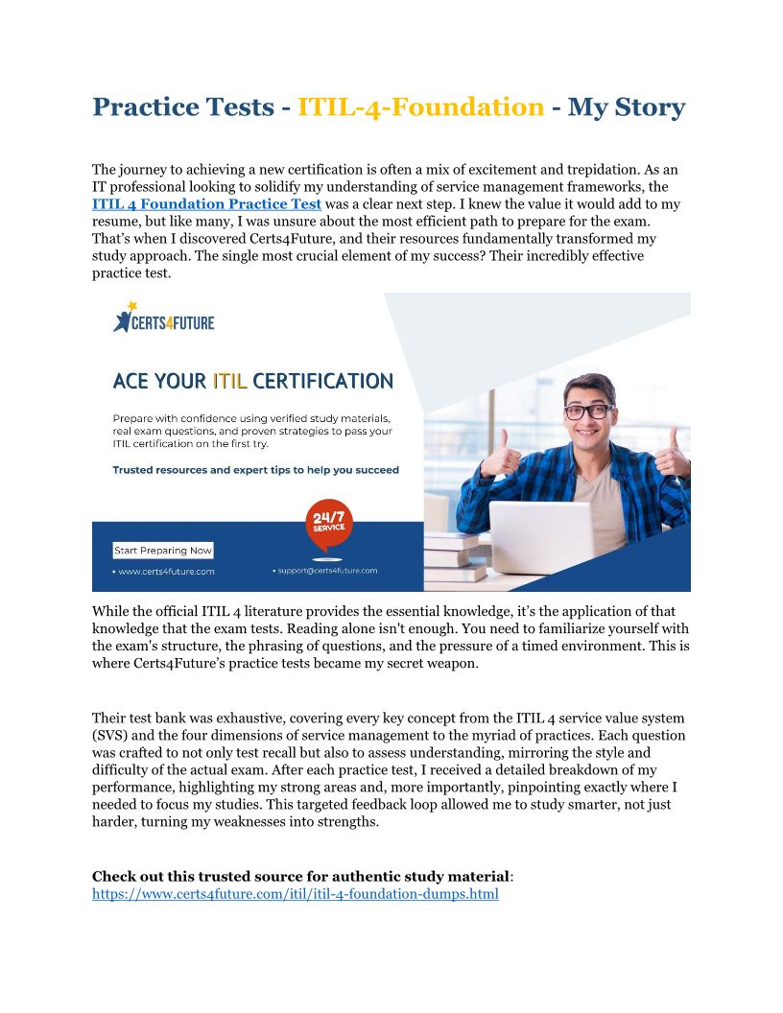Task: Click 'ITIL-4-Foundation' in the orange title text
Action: click(420, 106)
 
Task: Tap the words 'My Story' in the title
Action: click(627, 106)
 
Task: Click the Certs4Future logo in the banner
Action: click(163, 318)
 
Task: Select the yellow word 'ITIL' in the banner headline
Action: click(229, 381)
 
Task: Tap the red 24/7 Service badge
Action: click(329, 525)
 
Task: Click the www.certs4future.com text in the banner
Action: click(164, 571)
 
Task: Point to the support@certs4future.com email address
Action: click(326, 570)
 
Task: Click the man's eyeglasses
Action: click(587, 411)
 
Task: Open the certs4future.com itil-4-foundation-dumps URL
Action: click(295, 894)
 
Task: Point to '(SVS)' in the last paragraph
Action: click(111, 736)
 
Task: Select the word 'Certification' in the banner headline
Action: click(322, 381)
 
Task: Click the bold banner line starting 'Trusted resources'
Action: click(255, 470)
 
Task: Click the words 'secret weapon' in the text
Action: click(432, 664)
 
